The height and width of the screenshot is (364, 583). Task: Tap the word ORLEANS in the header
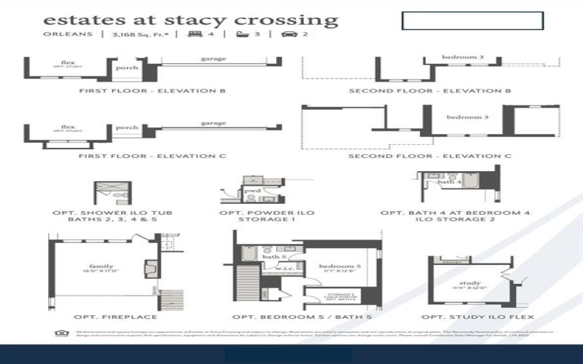68,34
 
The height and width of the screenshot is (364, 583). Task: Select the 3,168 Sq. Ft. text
139,34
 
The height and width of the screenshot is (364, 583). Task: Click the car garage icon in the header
289,34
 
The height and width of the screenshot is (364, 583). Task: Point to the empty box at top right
472,20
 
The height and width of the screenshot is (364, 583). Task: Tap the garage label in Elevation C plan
213,123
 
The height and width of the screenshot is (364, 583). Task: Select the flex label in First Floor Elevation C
68,126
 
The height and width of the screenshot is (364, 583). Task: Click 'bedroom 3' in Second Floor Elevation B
463,57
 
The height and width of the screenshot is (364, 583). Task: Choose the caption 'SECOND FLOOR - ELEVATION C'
429,156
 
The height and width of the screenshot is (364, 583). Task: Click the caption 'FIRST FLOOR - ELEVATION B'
152,91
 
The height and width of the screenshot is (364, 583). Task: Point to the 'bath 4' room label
454,182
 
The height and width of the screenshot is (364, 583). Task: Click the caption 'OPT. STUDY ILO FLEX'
477,317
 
